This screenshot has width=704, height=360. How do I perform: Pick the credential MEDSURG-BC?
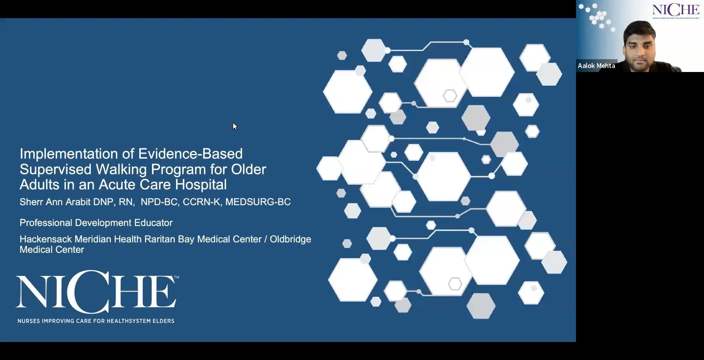pos(258,202)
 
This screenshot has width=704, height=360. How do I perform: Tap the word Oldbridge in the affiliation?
pos(290,239)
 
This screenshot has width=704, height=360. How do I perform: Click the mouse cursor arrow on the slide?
pos(235,126)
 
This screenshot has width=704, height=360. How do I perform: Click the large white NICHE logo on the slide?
pos(96,292)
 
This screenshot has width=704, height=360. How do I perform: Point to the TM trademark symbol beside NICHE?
pos(176,277)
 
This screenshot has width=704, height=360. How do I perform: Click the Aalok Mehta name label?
pos(596,66)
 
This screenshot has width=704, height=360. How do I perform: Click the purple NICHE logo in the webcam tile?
pos(676,10)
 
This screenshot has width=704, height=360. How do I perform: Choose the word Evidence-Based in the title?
pos(190,154)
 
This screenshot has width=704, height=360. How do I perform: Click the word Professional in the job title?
pos(46,223)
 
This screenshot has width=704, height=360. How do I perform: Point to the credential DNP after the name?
pos(103,202)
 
